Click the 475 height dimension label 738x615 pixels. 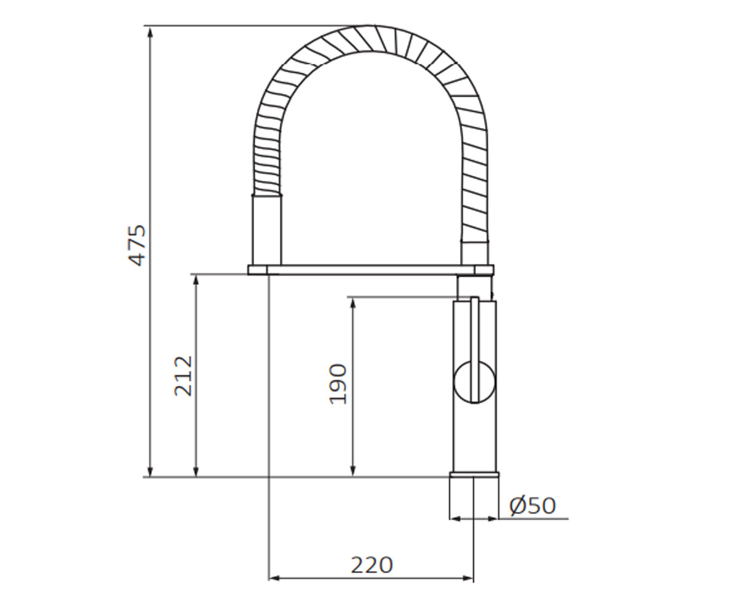click(137, 245)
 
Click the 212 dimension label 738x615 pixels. click(183, 375)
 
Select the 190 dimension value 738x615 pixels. click(338, 384)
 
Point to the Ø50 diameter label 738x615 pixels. click(533, 506)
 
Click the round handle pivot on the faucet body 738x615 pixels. click(474, 383)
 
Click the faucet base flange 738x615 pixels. click(474, 474)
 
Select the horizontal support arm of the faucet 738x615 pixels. click(371, 270)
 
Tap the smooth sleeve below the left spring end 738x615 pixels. click(267, 229)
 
